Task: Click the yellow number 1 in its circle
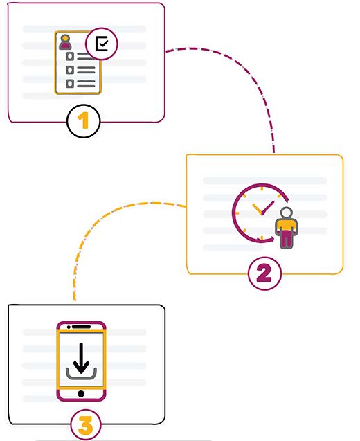tap(84, 121)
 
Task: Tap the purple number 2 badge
tap(264, 273)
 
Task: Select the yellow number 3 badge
tap(86, 425)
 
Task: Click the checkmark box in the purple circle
tap(102, 44)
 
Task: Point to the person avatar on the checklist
tap(65, 42)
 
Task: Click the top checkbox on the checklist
tap(70, 56)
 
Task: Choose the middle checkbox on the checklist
tap(70, 70)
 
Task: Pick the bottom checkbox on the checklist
tap(70, 83)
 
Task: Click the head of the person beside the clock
tap(287, 213)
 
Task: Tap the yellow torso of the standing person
tap(287, 225)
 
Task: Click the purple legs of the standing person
tap(287, 239)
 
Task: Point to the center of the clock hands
tap(262, 213)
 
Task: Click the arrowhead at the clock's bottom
tap(271, 240)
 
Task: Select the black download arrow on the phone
tap(81, 358)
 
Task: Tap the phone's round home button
tap(81, 394)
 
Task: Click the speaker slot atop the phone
tap(81, 327)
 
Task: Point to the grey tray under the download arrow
tap(81, 374)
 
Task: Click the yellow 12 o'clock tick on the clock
tap(262, 188)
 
